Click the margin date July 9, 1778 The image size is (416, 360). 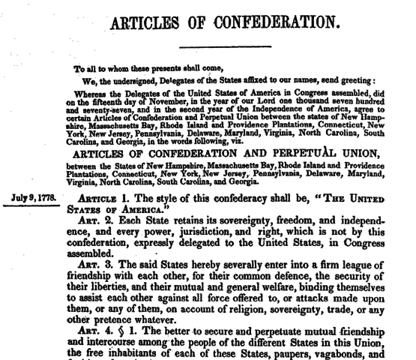tap(35, 198)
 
